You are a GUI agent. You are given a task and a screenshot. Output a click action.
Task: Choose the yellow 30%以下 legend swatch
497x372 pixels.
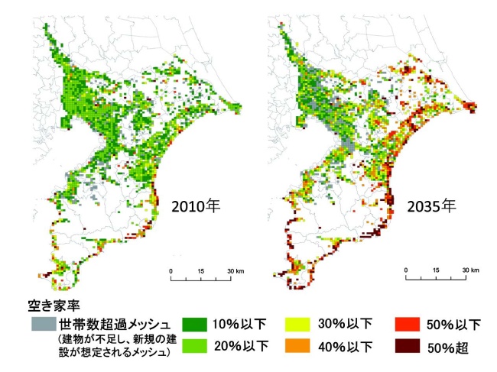pos(299,324)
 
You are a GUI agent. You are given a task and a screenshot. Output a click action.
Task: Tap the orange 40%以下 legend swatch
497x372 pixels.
pos(299,346)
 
